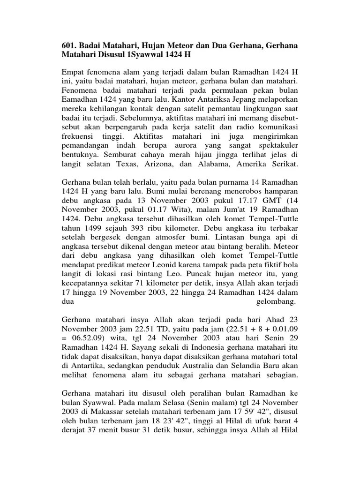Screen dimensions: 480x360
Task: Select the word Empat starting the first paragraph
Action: click(74, 73)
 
